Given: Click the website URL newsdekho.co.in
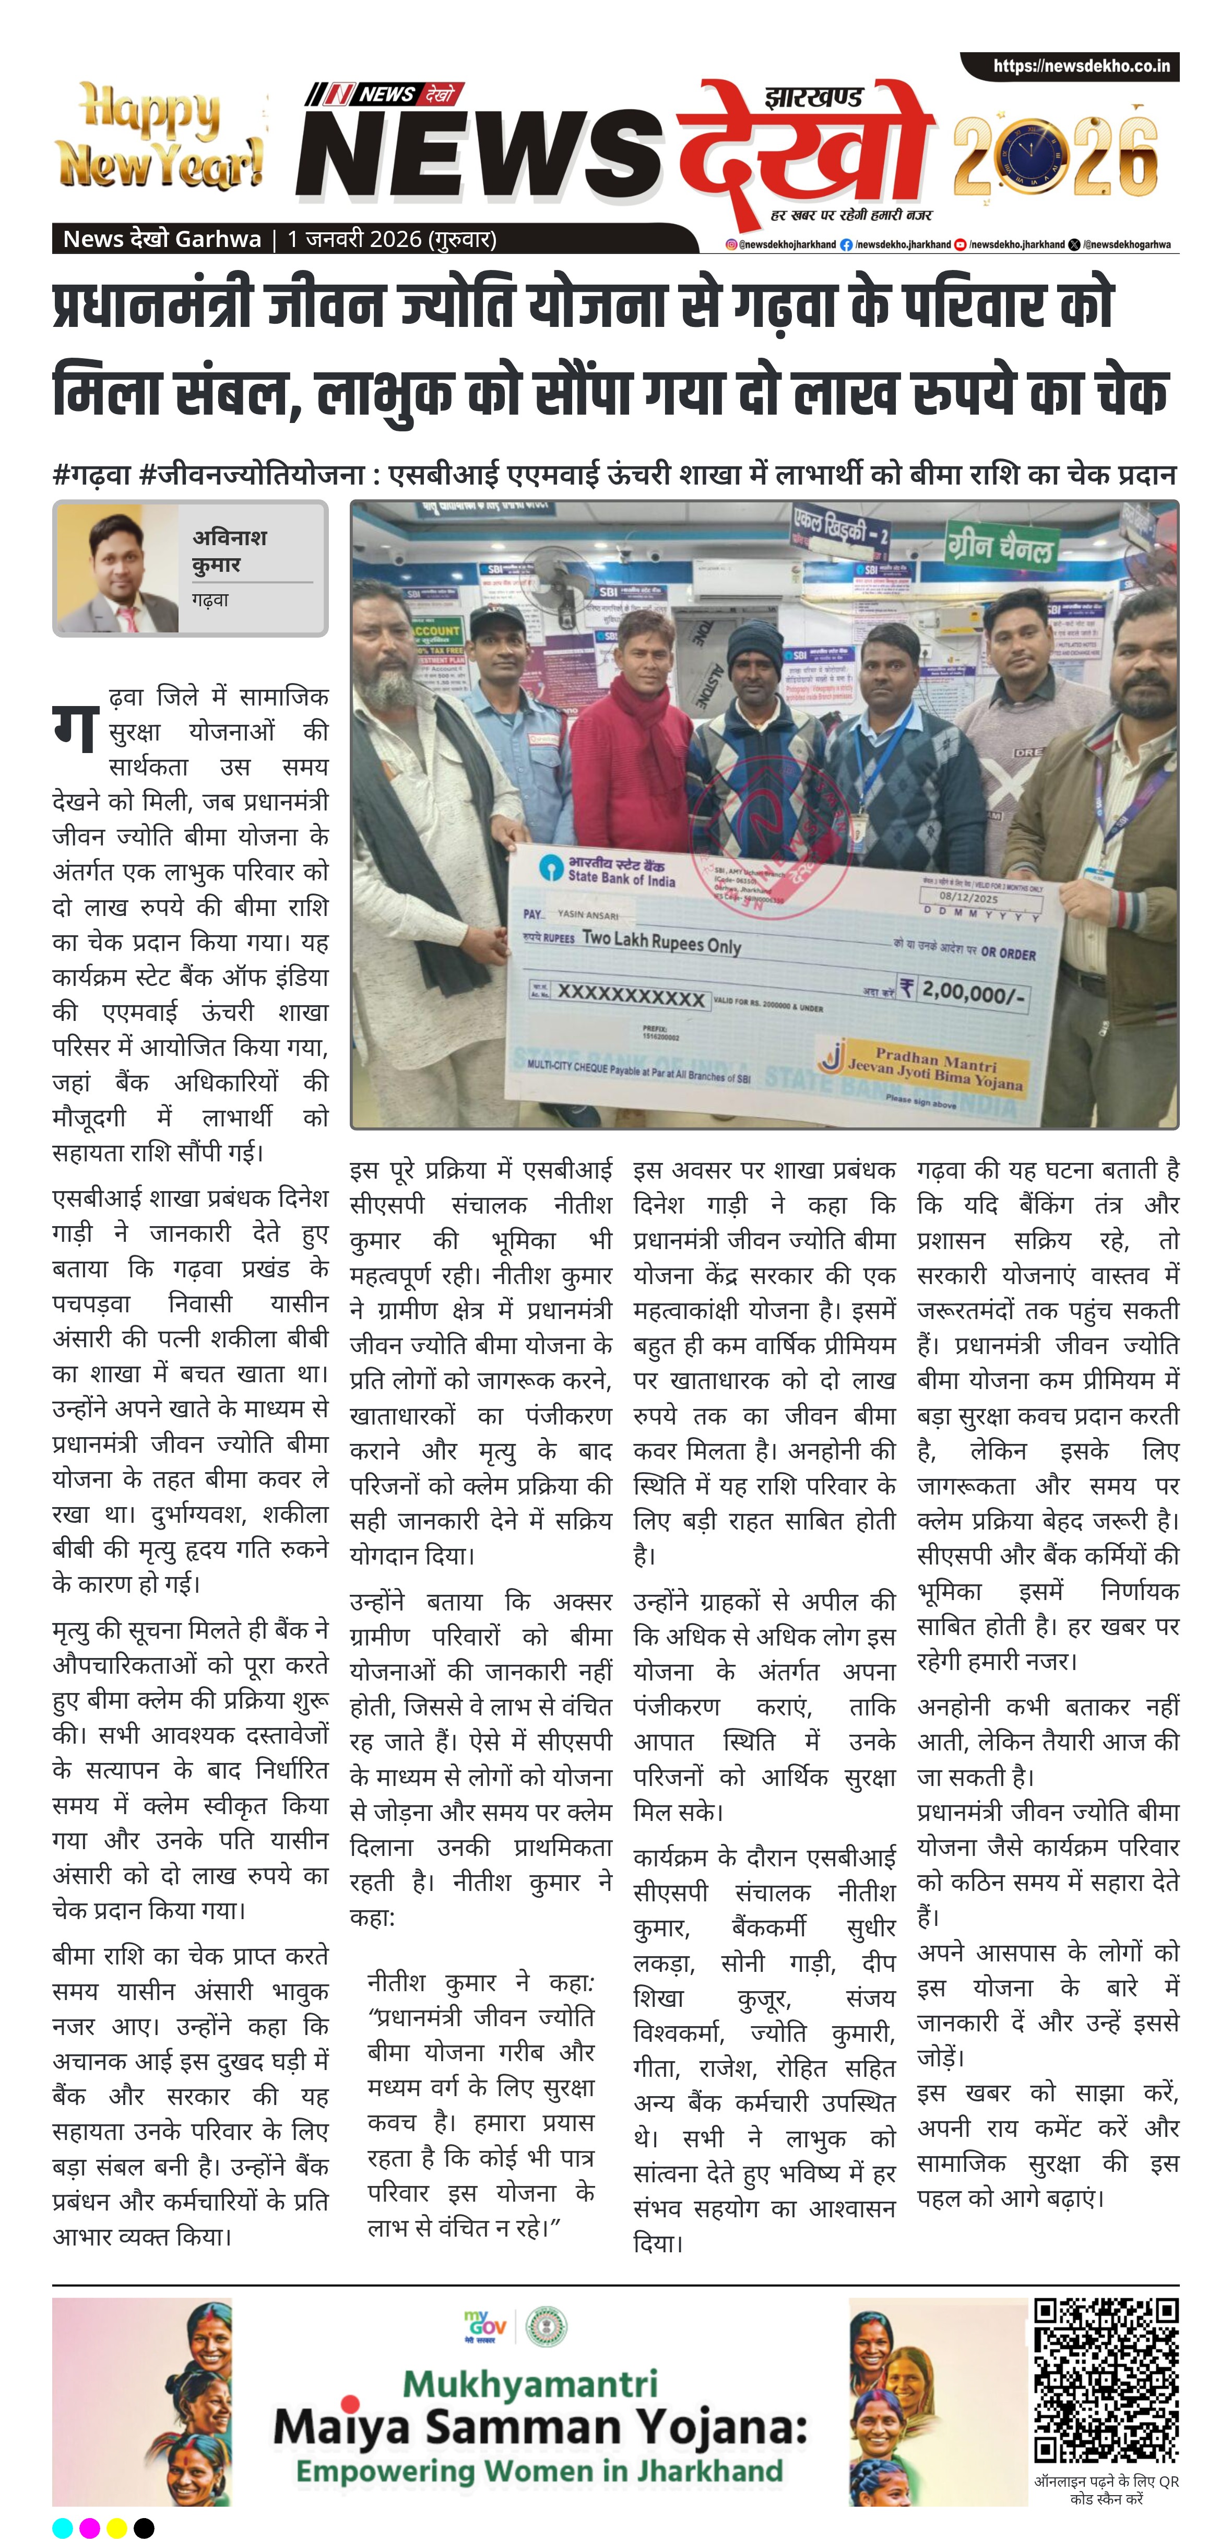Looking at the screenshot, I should [x=1081, y=66].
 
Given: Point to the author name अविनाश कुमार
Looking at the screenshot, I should [x=231, y=551].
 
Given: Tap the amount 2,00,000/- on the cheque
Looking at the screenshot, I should [x=971, y=992].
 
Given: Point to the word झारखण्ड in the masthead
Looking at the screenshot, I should [x=813, y=98].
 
